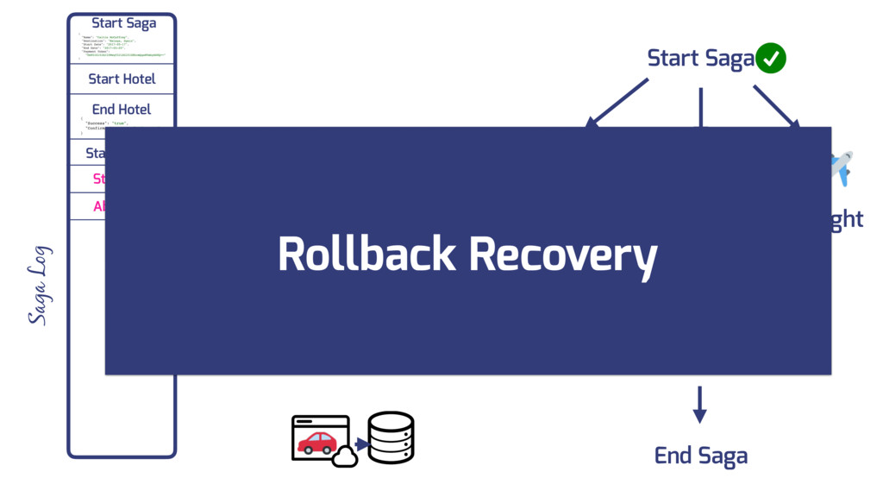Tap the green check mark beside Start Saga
click(x=771, y=59)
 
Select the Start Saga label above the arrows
click(x=700, y=59)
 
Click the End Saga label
click(x=700, y=456)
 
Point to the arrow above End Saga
click(x=699, y=404)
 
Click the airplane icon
click(x=841, y=167)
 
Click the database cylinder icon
click(x=391, y=437)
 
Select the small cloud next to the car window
click(x=345, y=457)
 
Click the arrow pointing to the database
click(x=360, y=444)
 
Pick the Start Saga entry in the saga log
click(x=123, y=23)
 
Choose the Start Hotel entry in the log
click(x=122, y=79)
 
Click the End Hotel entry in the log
click(x=122, y=110)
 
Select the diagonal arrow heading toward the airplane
click(x=776, y=106)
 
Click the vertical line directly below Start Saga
click(x=700, y=107)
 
